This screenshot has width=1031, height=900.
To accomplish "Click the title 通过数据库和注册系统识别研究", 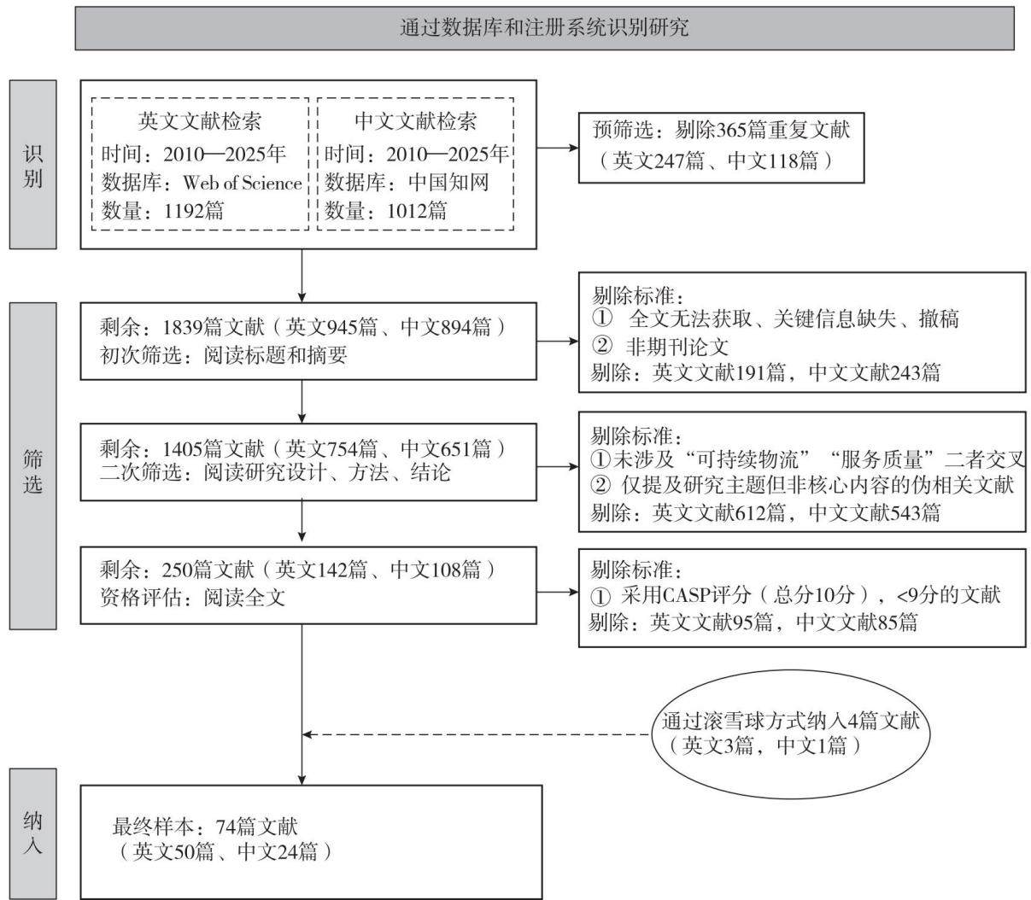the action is pos(544,27).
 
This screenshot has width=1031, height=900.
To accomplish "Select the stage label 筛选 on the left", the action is pos(32,470).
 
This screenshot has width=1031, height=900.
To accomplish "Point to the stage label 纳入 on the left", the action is pos(32,833).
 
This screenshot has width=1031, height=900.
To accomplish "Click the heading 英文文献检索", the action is pos(200,121).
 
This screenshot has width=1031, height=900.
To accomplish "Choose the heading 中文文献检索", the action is pos(415,121).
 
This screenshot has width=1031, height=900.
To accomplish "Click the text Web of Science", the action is pos(243,183).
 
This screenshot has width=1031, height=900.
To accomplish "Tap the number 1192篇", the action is pos(194,211).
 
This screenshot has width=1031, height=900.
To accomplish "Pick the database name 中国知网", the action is pos(448,183).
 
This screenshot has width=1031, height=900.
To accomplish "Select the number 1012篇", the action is pos(417,211).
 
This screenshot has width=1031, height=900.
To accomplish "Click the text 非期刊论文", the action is pos(677,347).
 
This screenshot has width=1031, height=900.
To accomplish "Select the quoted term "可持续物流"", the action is pos(751,459).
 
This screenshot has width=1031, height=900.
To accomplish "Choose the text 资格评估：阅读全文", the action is pos(192,598).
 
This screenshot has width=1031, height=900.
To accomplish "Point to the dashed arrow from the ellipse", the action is pos(477,734).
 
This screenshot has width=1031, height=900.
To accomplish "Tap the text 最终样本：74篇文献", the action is pos(205,827).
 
